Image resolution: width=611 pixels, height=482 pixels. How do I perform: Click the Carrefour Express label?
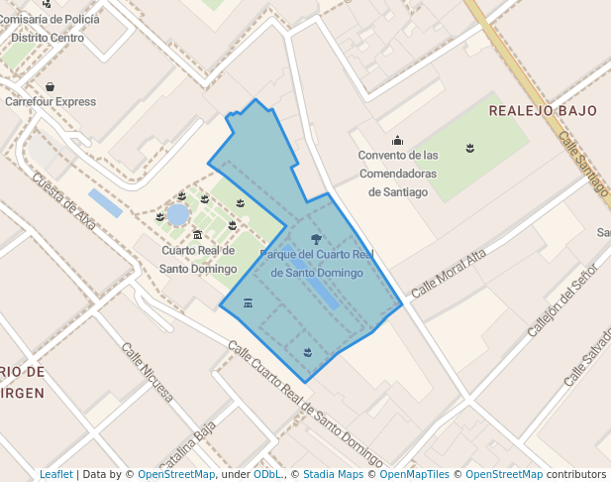51,101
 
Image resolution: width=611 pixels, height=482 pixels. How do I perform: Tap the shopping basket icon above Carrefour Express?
50,86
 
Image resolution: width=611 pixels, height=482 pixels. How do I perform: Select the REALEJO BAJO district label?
543,110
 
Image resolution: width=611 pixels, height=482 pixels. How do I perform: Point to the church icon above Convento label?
398,140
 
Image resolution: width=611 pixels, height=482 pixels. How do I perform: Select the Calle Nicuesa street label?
147,371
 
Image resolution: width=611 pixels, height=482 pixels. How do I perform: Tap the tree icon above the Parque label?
316,239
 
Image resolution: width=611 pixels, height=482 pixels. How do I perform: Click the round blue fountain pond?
178,214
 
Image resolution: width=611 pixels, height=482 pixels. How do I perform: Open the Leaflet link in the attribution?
55,475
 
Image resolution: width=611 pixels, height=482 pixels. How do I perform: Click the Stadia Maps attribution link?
333,475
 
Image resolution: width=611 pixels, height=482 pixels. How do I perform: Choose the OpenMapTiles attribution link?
412,475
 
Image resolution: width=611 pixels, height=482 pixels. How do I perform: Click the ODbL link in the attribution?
267,475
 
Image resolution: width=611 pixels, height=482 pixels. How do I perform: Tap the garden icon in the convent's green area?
470,149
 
